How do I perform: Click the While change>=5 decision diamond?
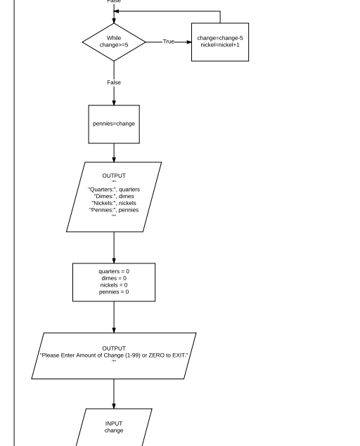[x=114, y=42]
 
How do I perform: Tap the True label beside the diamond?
[x=169, y=42]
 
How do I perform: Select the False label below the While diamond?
[x=114, y=82]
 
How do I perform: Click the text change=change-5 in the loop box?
[x=220, y=37]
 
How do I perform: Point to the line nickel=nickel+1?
[x=220, y=45]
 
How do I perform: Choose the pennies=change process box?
[x=114, y=124]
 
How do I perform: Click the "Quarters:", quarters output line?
[x=114, y=189]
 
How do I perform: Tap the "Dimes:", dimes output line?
[x=114, y=196]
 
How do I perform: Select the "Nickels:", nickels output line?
[x=114, y=203]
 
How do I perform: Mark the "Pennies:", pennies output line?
[x=114, y=210]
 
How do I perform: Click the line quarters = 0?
[x=114, y=271]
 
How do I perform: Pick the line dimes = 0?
[x=114, y=278]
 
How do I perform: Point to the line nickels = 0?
[x=114, y=285]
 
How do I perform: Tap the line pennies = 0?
[x=114, y=292]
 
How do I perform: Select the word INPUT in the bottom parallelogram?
[x=114, y=424]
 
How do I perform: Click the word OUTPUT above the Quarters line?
[x=114, y=176]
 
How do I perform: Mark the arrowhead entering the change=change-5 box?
[x=188, y=42]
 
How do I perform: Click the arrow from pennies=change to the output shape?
[x=114, y=152]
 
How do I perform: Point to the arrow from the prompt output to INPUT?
[x=114, y=393]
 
